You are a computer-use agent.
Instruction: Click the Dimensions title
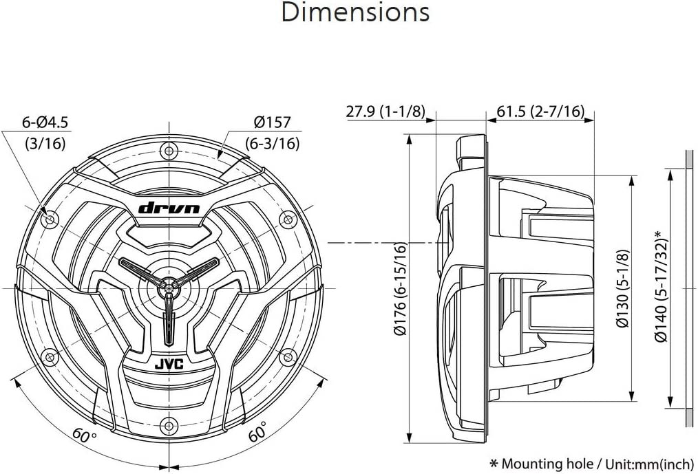(355, 12)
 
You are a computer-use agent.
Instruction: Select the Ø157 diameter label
(273, 122)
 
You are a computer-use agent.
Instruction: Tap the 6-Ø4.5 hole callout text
(45, 122)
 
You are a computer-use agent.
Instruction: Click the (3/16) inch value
(45, 143)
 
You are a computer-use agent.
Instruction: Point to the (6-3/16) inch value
(273, 143)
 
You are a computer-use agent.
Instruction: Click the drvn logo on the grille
(169, 208)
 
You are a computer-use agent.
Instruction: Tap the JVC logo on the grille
(169, 365)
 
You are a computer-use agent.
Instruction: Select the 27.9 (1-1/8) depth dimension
(385, 111)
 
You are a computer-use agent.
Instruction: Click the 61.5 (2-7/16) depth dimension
(540, 111)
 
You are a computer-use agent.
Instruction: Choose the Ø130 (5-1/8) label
(623, 288)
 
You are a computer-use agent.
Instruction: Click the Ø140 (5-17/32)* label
(661, 286)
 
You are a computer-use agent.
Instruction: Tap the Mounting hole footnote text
(591, 464)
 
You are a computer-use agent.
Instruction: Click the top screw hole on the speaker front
(169, 150)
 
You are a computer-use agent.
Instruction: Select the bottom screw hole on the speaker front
(169, 425)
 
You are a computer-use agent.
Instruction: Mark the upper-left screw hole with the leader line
(50, 219)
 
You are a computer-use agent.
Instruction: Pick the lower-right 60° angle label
(257, 431)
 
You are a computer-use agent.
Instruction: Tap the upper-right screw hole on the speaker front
(288, 219)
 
